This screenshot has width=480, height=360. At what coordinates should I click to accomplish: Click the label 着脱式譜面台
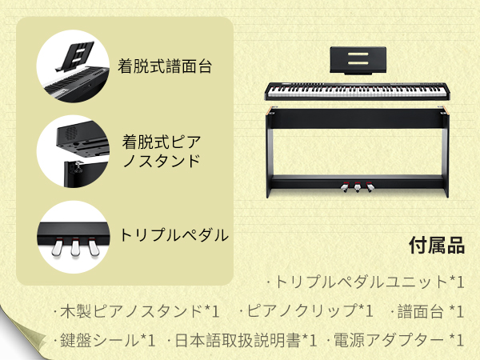[x=165, y=66]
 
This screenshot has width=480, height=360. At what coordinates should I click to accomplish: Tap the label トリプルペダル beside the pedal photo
[x=174, y=235]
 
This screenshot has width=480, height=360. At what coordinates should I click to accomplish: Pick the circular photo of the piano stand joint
[x=73, y=150]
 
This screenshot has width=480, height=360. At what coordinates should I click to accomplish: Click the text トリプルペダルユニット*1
[x=365, y=282]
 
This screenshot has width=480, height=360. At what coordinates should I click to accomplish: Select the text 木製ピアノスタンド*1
[x=136, y=310]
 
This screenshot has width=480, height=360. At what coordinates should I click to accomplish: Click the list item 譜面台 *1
[x=426, y=310]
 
